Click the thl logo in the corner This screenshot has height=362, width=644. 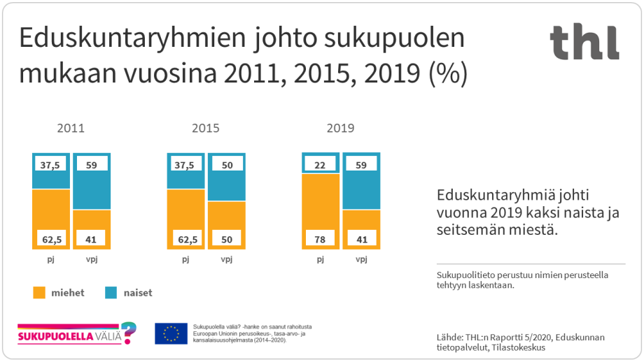(x=584, y=42)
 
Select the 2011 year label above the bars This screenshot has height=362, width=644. (x=71, y=129)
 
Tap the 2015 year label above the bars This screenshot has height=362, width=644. (x=205, y=129)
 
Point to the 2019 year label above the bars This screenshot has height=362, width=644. (x=340, y=129)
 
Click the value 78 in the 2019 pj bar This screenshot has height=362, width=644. (x=321, y=239)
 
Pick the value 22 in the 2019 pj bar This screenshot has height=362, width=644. (x=321, y=164)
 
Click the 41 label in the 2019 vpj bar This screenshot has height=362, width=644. (x=361, y=239)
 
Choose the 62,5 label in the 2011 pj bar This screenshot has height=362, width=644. (x=51, y=239)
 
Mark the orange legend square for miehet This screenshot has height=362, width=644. (x=40, y=292)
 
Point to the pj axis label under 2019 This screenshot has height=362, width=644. (x=321, y=259)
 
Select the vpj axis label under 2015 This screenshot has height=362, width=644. (x=226, y=259)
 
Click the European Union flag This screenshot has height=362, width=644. (x=171, y=333)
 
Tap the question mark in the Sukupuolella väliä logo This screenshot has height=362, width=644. (x=128, y=332)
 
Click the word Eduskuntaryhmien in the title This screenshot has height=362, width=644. (x=123, y=40)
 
